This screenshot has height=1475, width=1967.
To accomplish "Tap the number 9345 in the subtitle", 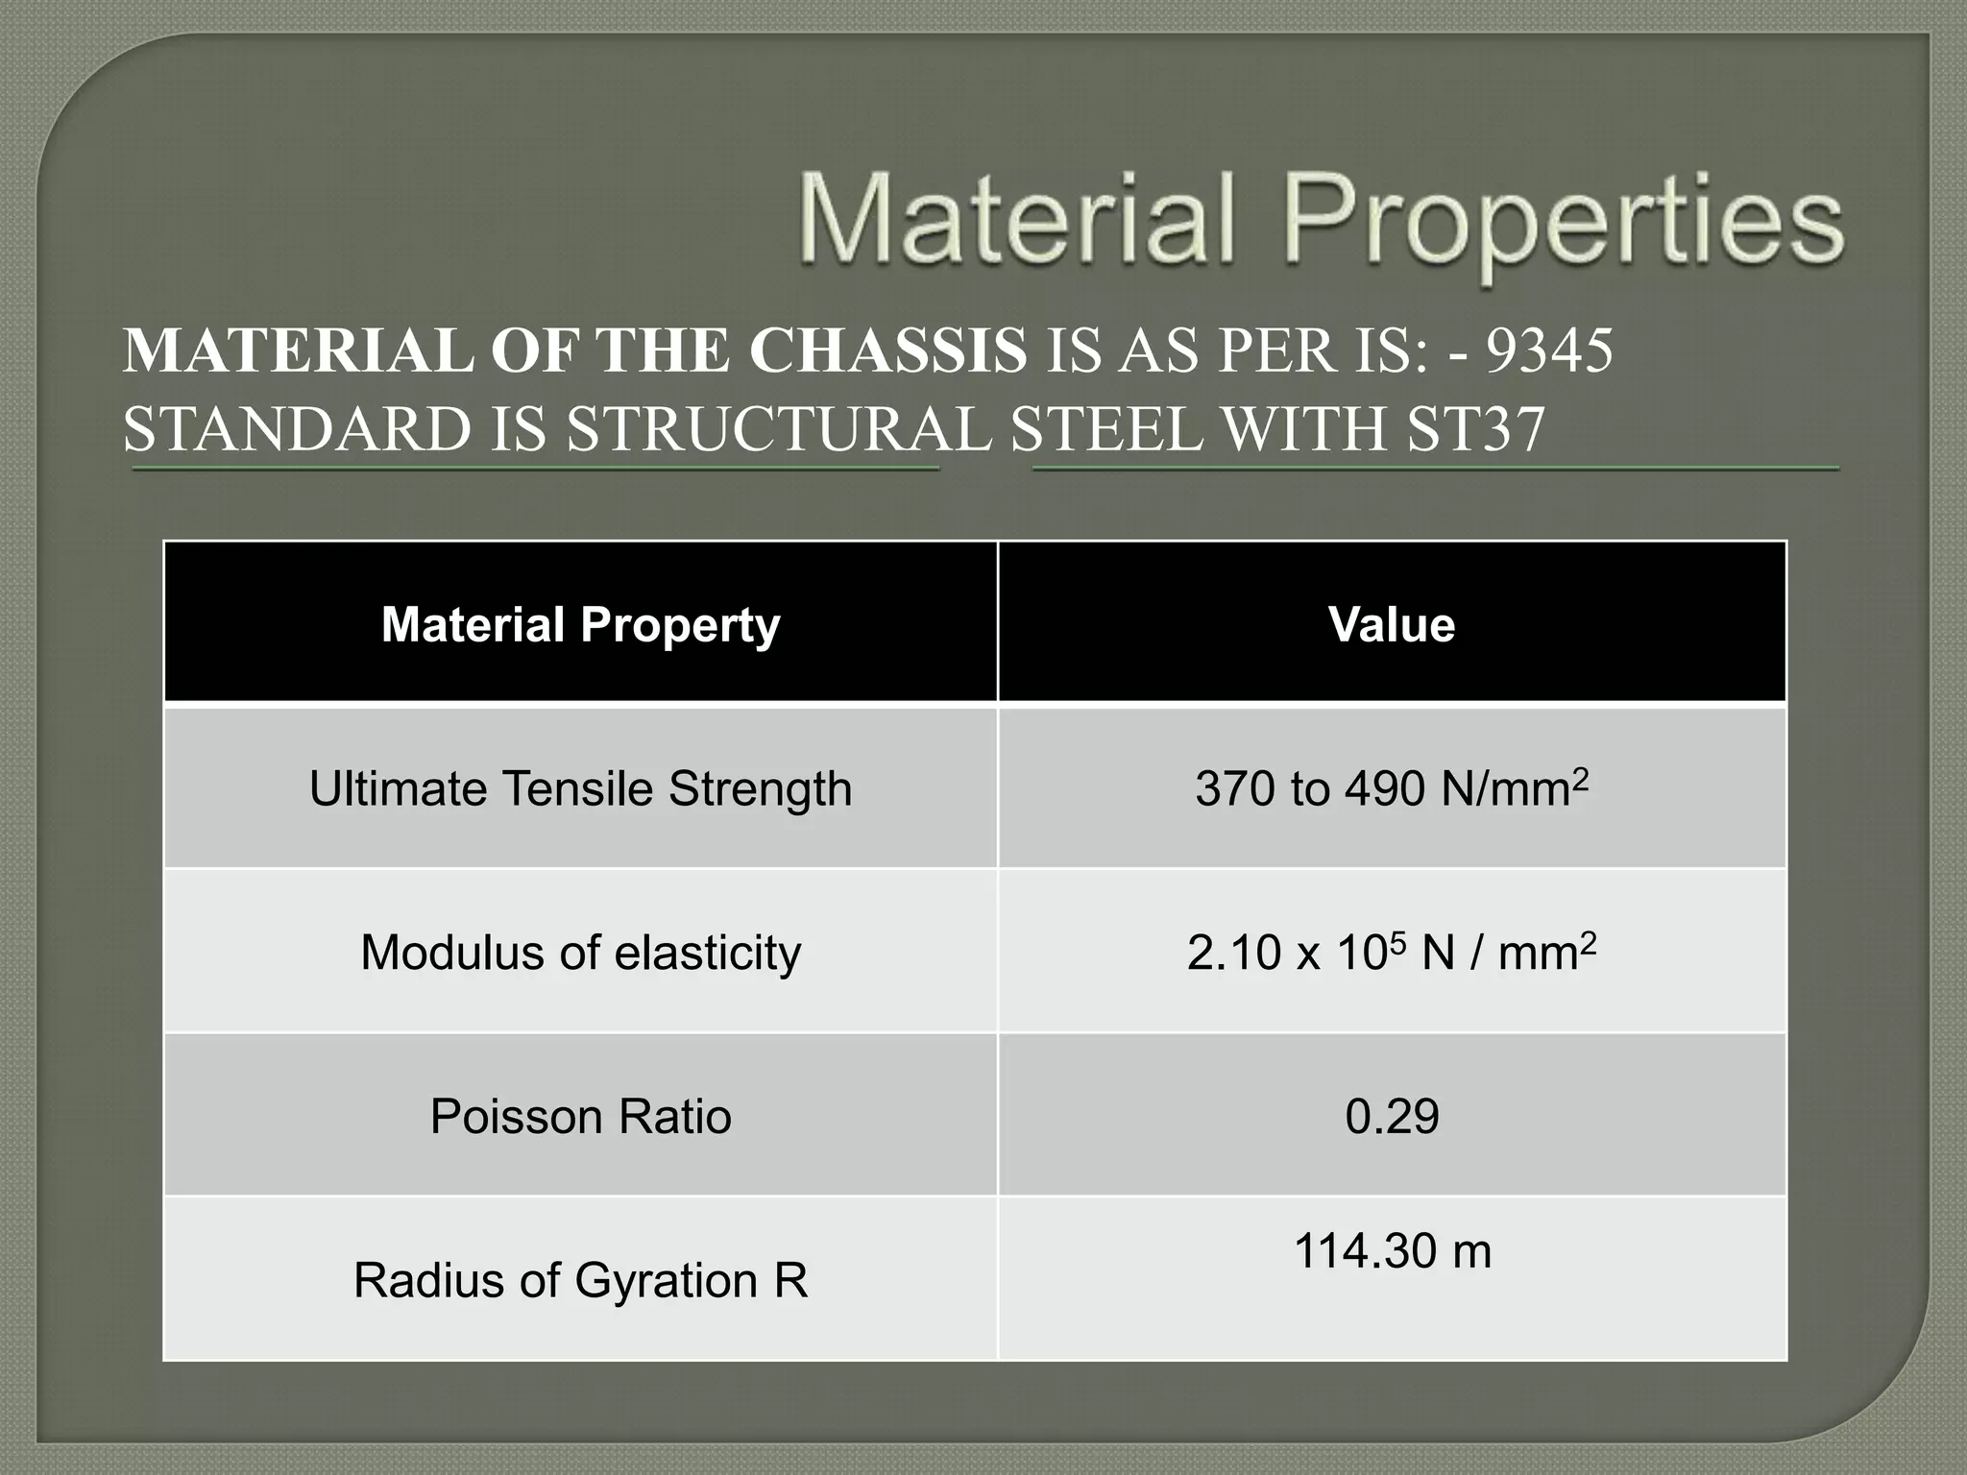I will click(1549, 351).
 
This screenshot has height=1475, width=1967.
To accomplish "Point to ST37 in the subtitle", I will click(1476, 428).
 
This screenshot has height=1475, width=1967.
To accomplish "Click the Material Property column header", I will click(580, 624).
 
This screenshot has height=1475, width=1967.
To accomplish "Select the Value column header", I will click(1392, 624).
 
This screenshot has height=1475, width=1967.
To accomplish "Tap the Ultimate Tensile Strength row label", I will click(580, 789).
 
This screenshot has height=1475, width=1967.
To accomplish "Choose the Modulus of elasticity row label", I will click(580, 953).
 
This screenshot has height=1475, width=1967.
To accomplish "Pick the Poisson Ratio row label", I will click(580, 1116).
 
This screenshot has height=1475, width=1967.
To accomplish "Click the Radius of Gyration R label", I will click(580, 1280).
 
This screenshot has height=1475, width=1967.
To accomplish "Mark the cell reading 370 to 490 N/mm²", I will click(1392, 788).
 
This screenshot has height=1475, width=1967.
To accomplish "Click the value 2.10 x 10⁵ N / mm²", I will click(1392, 953).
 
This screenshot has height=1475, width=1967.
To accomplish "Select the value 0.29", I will click(1392, 1116).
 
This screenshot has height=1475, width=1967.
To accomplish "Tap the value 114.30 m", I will click(1392, 1251).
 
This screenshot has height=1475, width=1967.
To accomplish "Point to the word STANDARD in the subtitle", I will click(297, 428).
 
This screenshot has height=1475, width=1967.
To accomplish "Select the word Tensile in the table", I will click(579, 789).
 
